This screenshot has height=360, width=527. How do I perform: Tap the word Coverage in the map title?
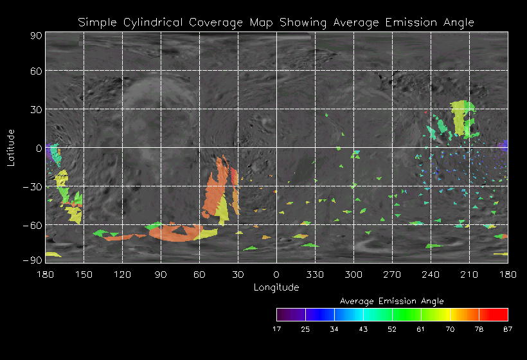216,22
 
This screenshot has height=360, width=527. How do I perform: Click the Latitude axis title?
11,147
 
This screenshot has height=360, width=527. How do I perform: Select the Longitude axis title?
276,287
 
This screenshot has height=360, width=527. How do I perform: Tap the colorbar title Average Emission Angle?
391,301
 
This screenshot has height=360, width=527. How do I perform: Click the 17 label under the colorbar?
276,329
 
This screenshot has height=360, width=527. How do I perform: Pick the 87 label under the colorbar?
508,329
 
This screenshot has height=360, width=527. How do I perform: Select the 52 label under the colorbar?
392,329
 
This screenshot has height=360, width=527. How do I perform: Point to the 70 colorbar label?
450,329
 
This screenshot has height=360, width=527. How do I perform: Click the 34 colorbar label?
334,329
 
